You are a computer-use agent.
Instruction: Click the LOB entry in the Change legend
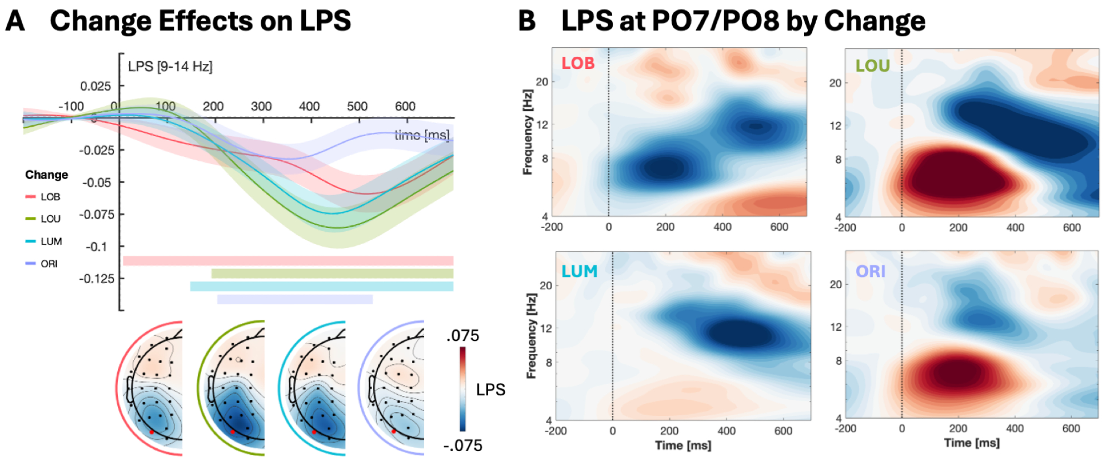[x=49, y=197]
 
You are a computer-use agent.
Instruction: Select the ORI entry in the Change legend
[x=48, y=264]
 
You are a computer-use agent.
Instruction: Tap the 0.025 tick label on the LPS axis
[x=95, y=86]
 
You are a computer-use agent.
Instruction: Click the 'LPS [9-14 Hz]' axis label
[x=170, y=67]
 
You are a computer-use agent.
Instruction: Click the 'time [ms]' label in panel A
[x=421, y=135]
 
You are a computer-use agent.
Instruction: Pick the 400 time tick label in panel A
[x=309, y=106]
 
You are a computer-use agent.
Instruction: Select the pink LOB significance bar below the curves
[x=288, y=260]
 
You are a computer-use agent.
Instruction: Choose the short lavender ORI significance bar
[x=295, y=299]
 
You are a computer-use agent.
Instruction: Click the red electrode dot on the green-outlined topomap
[x=232, y=432]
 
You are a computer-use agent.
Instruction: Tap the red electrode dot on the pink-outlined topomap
[x=151, y=432]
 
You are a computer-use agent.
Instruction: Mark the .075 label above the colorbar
[x=462, y=336]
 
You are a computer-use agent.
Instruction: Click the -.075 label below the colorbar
[x=463, y=445]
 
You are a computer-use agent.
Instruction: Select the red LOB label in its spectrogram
[x=578, y=63]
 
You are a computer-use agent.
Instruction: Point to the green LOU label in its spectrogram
[x=872, y=66]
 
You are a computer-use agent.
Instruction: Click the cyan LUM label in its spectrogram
[x=579, y=271]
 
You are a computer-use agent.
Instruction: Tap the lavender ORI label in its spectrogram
[x=870, y=271]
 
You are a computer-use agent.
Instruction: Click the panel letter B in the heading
[x=527, y=21]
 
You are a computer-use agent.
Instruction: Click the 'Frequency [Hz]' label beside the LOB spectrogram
[x=528, y=132]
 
